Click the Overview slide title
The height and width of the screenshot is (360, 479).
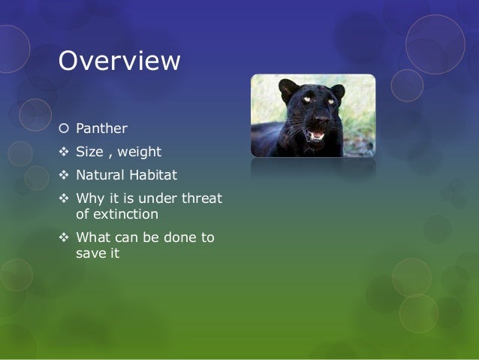tap(119, 61)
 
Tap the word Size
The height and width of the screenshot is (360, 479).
tap(89, 152)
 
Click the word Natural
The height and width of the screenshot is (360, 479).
tap(100, 175)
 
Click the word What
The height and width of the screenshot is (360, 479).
tap(93, 237)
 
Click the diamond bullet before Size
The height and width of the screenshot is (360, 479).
tap(64, 152)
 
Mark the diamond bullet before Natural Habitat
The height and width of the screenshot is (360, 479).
tap(64, 175)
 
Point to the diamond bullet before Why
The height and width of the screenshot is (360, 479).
tap(64, 198)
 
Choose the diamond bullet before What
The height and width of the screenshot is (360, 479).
tap(64, 237)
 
